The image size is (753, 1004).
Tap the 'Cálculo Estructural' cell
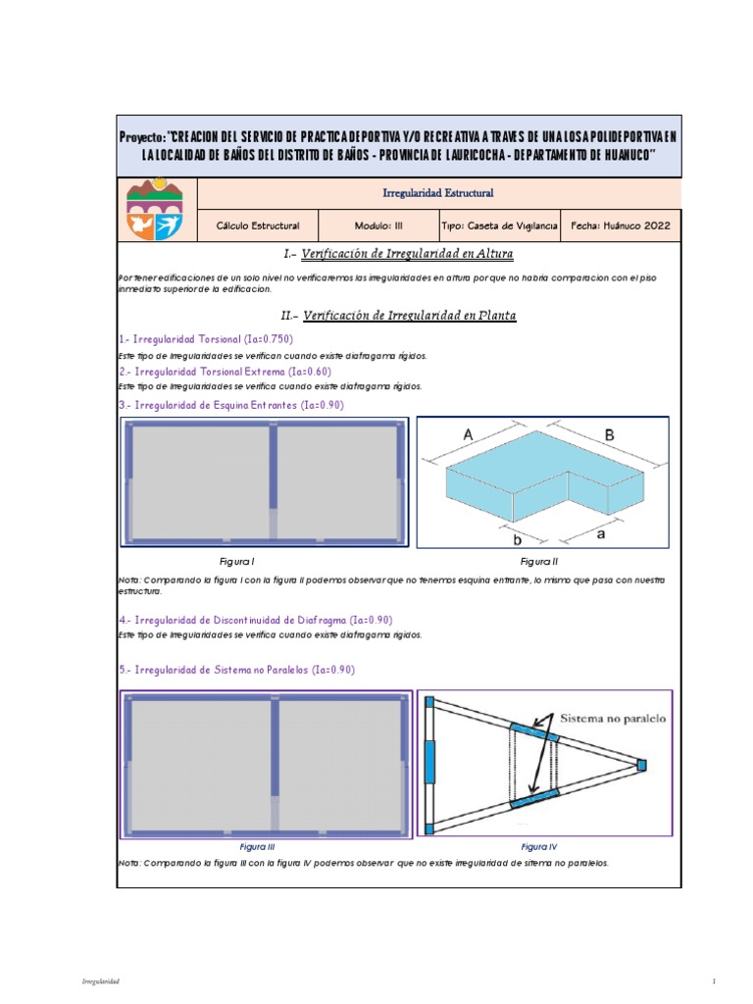click(x=259, y=226)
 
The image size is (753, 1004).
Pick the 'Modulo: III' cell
click(x=378, y=226)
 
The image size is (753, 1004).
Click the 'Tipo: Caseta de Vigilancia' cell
click(x=499, y=226)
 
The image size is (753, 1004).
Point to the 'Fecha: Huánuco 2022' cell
click(x=621, y=226)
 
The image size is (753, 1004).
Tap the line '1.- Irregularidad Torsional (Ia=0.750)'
click(x=205, y=338)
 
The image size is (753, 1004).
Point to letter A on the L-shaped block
click(x=469, y=434)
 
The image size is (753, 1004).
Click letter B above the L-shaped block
click(x=609, y=433)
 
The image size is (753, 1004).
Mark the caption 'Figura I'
click(x=238, y=562)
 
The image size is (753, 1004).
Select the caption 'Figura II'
click(x=538, y=562)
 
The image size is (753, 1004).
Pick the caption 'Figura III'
click(x=257, y=846)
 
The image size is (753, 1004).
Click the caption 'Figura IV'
click(x=538, y=846)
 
